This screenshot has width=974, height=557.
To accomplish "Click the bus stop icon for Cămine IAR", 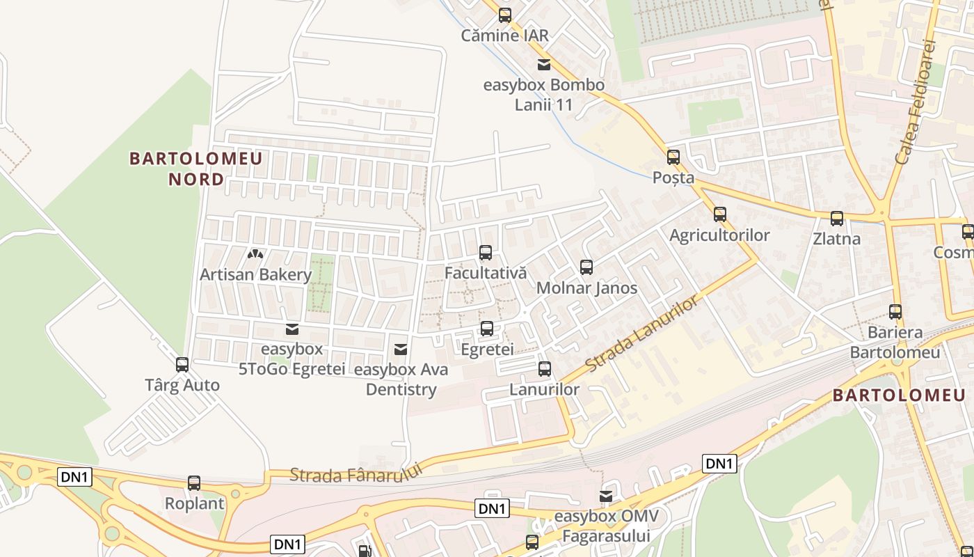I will coord(505,15).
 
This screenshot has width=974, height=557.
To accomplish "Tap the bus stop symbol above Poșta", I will coord(673,157).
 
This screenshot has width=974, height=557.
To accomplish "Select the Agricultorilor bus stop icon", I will coord(720,214).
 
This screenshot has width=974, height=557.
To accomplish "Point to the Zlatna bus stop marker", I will coord(837,219).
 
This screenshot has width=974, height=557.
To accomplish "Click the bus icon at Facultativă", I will coord(486,253).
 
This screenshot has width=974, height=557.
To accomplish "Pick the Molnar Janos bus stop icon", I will coord(586,267).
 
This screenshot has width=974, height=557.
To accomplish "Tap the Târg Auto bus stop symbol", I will coord(182,365).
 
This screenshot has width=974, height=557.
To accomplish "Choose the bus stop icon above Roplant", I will coord(194,483).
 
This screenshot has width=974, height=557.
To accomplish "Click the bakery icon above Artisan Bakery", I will coord(255,255).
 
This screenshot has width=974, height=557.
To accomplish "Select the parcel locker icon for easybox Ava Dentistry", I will coord(401,349).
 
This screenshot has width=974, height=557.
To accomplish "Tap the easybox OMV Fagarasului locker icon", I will coord(606,496).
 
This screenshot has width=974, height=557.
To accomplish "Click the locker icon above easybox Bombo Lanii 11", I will coord(544,65).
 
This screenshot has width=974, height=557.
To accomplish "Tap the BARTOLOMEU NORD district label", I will coord(196,168).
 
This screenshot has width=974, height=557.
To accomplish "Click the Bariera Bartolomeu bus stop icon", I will coord(895,312).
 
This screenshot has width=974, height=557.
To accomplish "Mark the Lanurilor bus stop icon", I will coord(545,369).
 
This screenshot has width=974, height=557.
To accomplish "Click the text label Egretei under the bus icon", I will coord(487,350).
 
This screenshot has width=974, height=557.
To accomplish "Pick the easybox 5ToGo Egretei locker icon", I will coord(292,329).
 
